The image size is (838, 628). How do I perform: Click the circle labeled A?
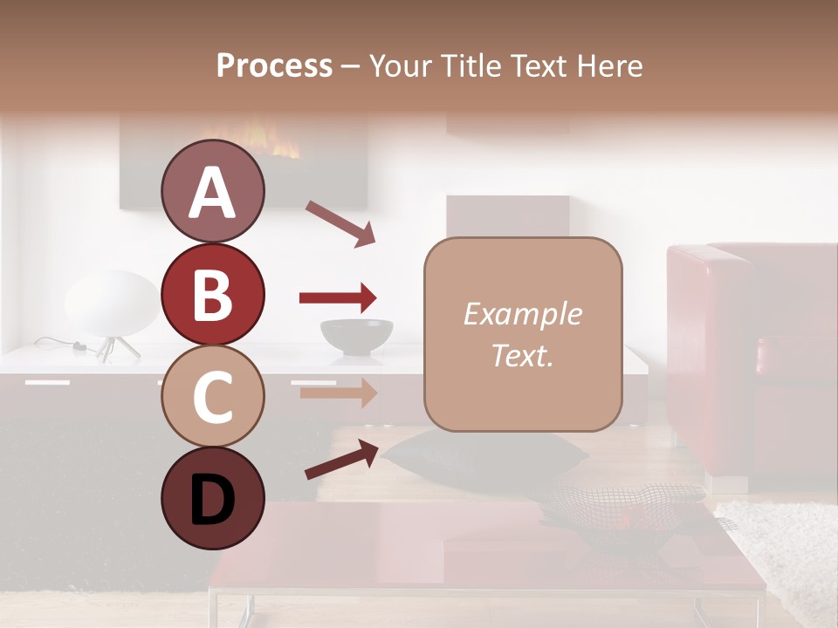point(213,192)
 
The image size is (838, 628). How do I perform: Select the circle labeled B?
point(213,294)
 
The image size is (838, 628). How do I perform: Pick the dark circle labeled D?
point(213,498)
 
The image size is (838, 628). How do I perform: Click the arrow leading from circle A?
point(340,222)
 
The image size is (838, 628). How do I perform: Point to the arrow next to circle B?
point(337,298)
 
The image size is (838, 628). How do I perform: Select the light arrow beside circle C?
point(337,392)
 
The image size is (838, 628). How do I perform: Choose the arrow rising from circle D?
point(340,459)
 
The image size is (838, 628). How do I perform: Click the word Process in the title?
point(274,66)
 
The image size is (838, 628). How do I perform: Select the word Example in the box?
point(522,314)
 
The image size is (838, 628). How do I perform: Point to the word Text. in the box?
point(522,355)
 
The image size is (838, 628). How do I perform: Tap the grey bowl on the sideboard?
point(356,336)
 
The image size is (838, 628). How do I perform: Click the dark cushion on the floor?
point(485,454)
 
